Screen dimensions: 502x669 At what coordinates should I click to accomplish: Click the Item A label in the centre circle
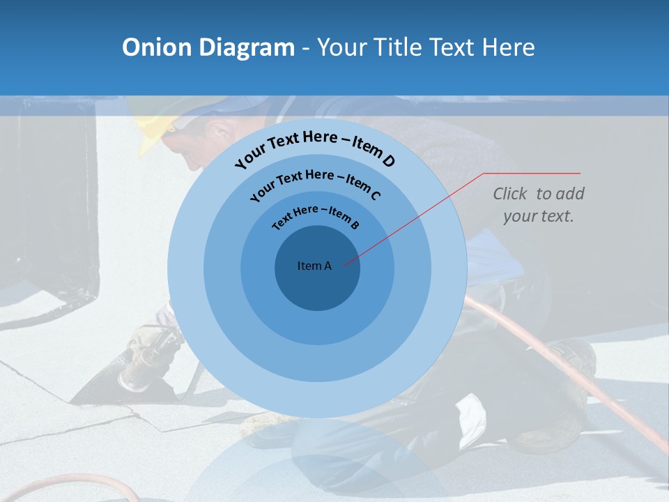point(314,266)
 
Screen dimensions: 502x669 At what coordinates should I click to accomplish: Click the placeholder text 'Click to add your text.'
point(538,205)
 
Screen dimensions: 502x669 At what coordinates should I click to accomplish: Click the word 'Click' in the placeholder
point(511,194)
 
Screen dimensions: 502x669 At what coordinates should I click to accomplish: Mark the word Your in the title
point(344,47)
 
